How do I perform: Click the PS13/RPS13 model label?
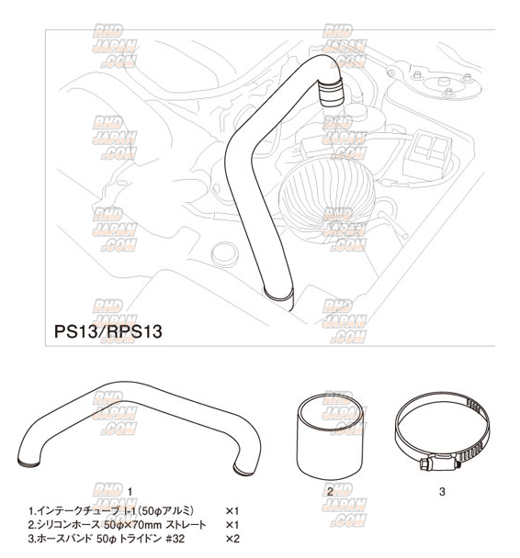[107, 331]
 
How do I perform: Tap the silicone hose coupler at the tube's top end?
[332, 92]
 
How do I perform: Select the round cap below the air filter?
[224, 253]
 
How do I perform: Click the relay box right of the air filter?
[427, 154]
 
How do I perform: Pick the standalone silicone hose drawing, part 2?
[330, 438]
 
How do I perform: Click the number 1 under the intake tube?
[130, 492]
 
